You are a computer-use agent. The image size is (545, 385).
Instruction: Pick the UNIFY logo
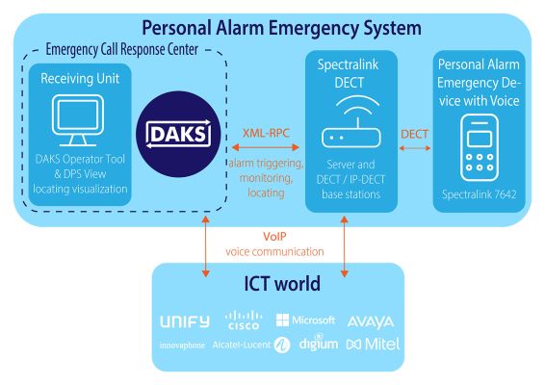(x=190, y=320)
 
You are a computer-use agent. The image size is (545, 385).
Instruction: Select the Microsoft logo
(x=306, y=320)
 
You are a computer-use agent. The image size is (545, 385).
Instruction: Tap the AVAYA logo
(x=370, y=321)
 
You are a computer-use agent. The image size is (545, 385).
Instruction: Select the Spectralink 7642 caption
(x=479, y=194)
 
